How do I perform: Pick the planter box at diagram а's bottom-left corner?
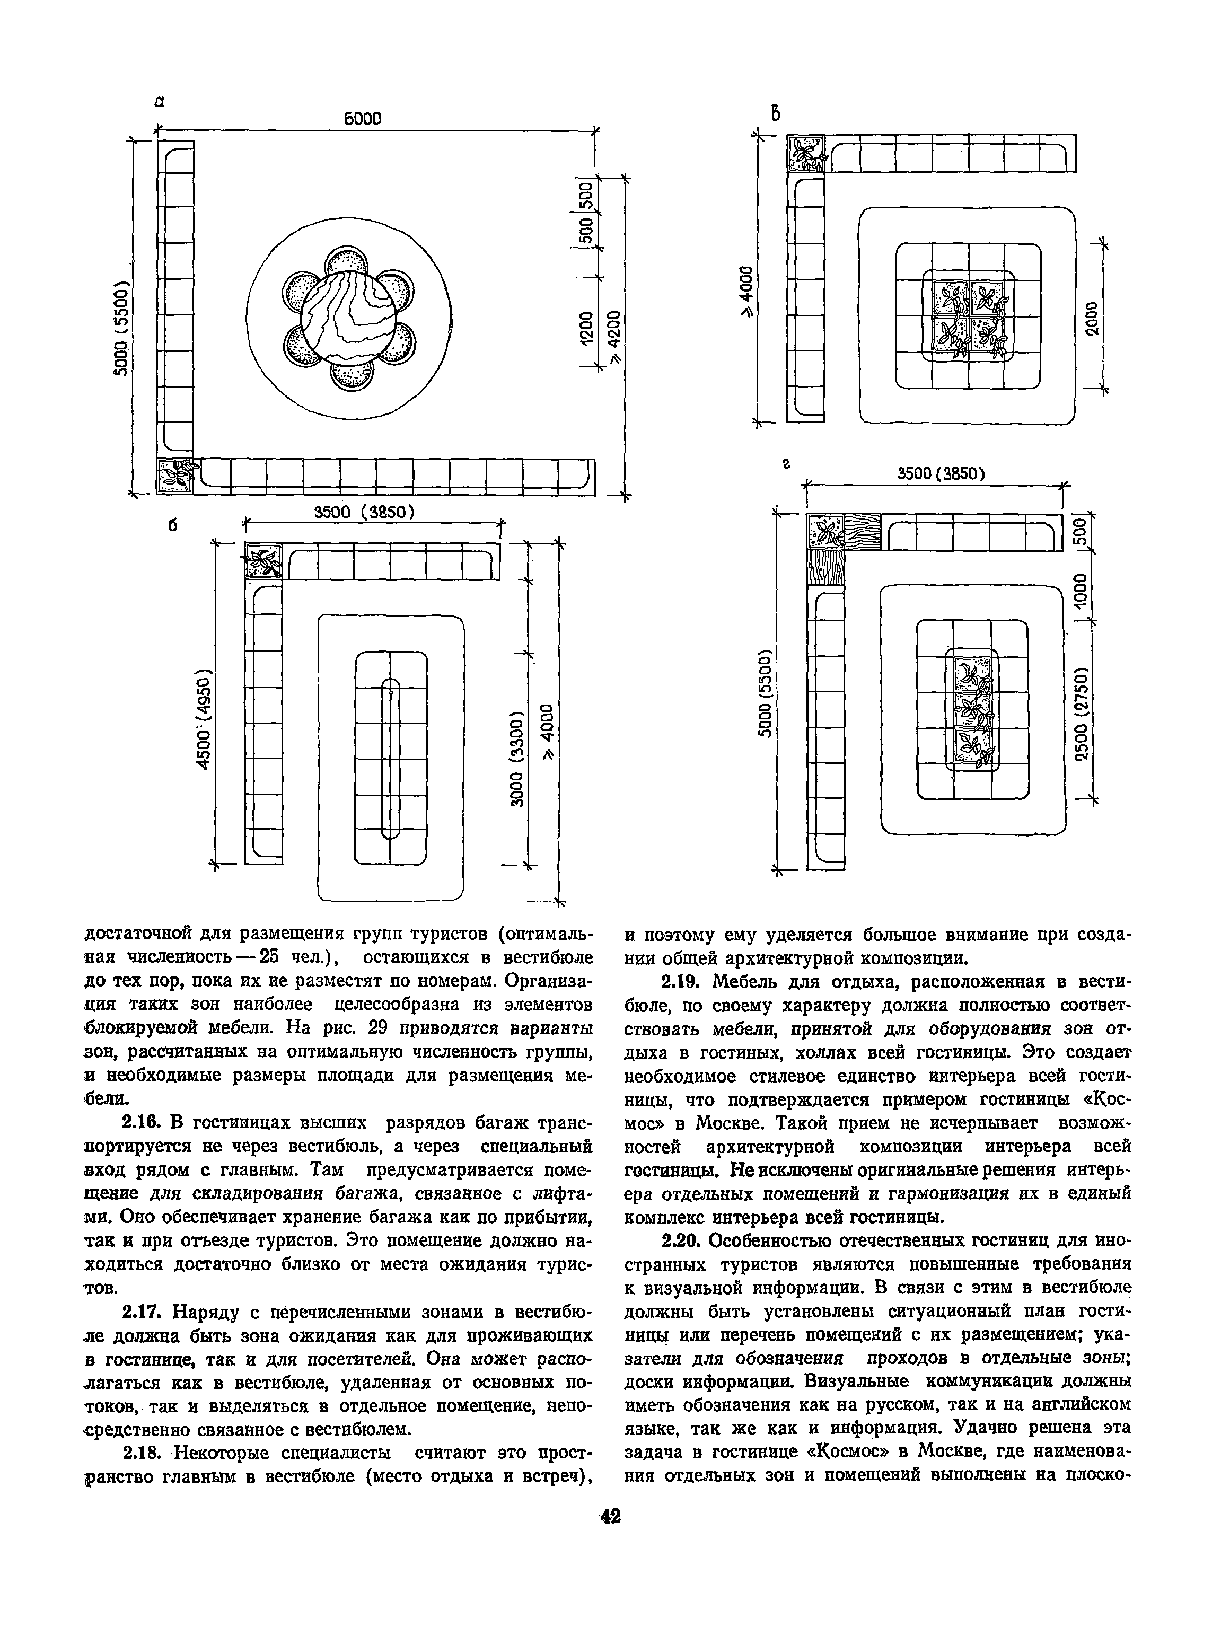[x=175, y=476]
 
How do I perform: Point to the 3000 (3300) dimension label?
[x=517, y=758]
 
